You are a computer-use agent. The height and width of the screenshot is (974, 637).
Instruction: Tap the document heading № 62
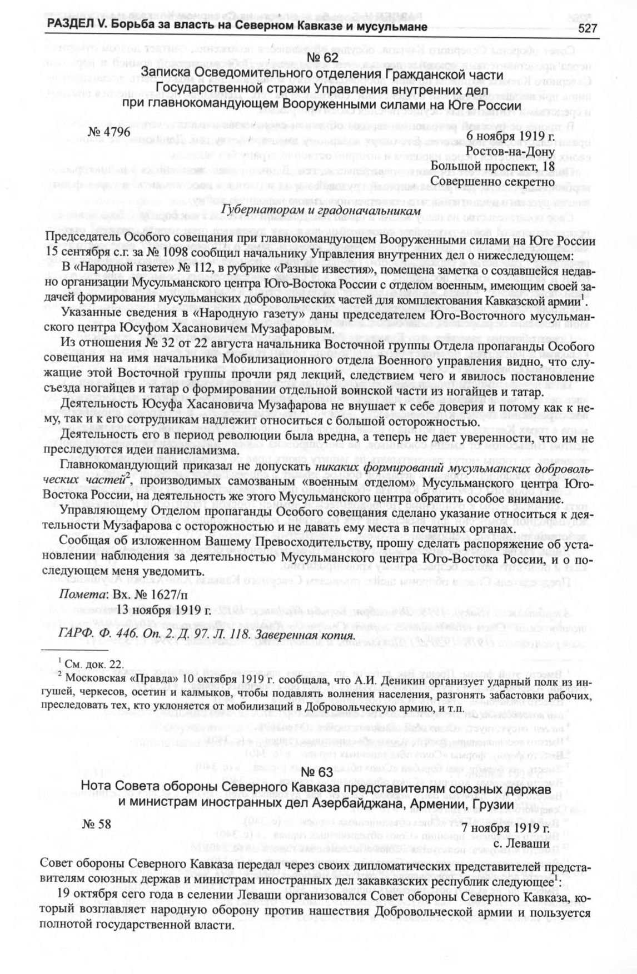tap(322, 59)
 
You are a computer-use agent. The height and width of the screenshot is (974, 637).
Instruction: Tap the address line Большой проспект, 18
tap(492, 166)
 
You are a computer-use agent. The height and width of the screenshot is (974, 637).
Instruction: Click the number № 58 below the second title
tap(97, 825)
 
